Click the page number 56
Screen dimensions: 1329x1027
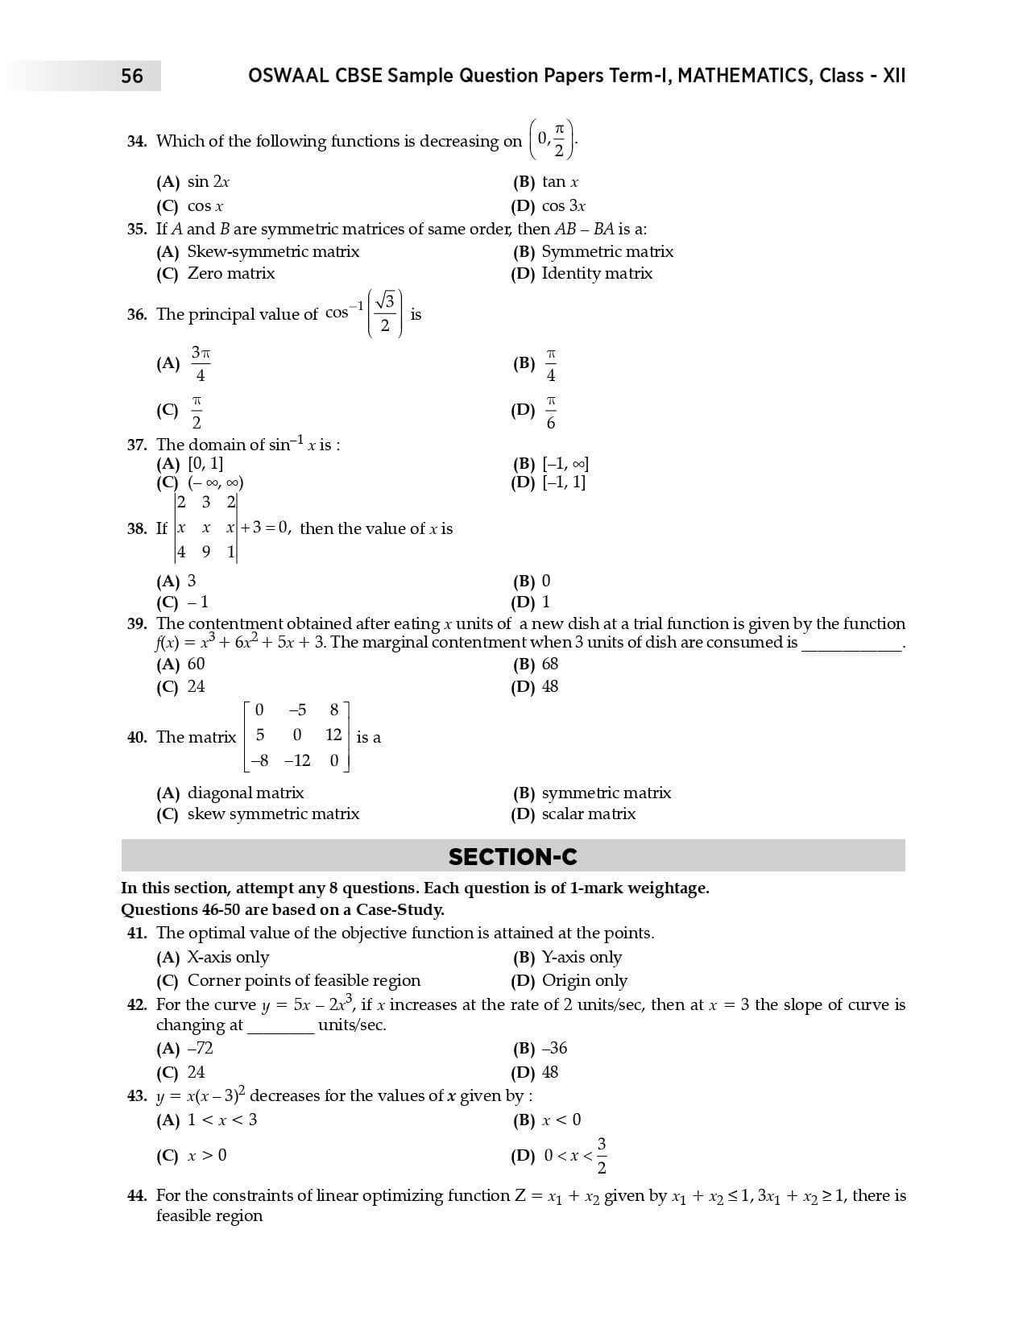[132, 76]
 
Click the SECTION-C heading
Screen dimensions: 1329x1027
[512, 856]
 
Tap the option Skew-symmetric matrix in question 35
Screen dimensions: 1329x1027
[272, 251]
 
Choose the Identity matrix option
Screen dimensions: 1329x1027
[596, 273]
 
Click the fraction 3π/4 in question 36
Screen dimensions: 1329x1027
[200, 364]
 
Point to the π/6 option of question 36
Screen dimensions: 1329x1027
[551, 412]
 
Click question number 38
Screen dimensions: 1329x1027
[136, 528]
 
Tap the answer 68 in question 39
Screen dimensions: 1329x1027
[549, 664]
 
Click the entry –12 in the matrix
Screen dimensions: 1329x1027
[296, 760]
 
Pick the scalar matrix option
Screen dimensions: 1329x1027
[588, 814]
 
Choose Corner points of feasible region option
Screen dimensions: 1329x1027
[304, 980]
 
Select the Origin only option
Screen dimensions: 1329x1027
[584, 980]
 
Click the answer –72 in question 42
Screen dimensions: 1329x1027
[200, 1048]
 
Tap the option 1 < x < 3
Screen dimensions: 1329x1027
[222, 1120]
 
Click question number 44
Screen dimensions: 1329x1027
[137, 1195]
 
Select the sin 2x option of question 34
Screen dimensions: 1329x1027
[208, 182]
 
